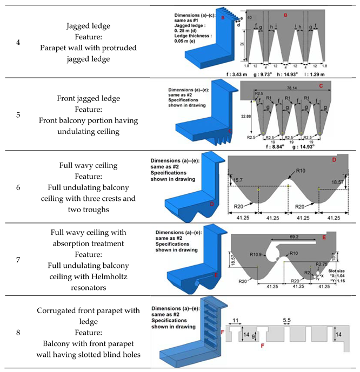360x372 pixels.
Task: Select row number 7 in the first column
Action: click(18, 260)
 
